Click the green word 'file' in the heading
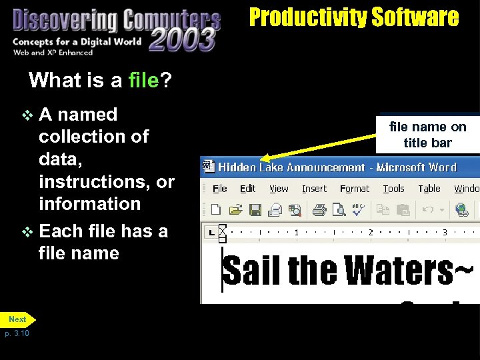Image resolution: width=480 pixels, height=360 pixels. [143, 81]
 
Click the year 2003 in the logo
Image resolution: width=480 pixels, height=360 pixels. [182, 39]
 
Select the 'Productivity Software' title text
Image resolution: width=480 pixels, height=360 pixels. [354, 17]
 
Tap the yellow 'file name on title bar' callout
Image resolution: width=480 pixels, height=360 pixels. [427, 134]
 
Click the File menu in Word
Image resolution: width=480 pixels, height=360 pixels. [220, 189]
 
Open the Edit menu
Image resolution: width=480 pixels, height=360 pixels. [248, 189]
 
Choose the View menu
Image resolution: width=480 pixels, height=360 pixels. [279, 189]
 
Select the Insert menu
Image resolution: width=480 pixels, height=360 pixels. [314, 189]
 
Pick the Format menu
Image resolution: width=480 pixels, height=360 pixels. [354, 189]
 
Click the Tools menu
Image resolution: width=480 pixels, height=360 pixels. [393, 189]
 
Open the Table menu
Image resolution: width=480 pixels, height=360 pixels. [429, 189]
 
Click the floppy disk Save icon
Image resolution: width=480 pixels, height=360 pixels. [255, 210]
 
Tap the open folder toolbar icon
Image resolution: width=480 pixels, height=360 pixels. [235, 210]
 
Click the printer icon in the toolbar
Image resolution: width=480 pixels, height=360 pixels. [319, 210]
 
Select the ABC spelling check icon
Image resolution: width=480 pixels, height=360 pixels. [358, 210]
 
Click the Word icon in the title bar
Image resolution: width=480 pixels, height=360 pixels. [208, 166]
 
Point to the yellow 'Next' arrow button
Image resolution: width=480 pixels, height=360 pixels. [18, 319]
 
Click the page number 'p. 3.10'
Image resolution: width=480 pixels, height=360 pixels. [18, 333]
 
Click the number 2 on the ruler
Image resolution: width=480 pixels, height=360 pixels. [370, 232]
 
